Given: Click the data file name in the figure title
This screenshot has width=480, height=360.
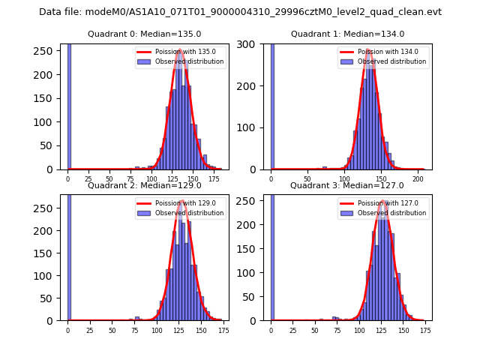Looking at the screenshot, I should [240, 12].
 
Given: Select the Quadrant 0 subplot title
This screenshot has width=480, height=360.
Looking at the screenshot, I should [144, 34].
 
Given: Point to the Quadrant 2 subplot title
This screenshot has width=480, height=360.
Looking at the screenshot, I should [144, 185].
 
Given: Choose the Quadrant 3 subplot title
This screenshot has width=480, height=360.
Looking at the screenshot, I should [347, 185].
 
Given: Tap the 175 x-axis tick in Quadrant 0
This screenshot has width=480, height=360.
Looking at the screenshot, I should [214, 180].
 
